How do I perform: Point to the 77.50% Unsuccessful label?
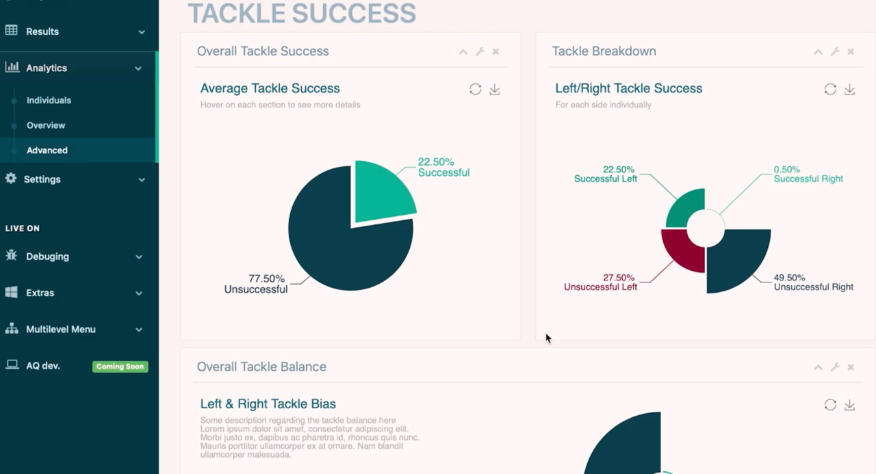pos(256,284)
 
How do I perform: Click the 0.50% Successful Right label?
pos(808,174)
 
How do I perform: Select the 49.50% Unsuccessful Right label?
pos(814,282)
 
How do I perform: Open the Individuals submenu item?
pos(49,101)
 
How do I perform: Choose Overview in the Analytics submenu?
pos(46,125)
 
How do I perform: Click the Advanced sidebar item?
pos(47,150)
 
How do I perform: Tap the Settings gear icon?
pos(11,179)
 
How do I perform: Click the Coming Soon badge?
pos(120,367)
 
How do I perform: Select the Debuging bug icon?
pos(12,255)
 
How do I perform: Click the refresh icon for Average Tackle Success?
pos(475,89)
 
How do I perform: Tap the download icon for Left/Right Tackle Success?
pos(849,90)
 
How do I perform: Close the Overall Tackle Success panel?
pos(495,51)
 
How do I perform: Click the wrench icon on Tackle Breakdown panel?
pos(835,51)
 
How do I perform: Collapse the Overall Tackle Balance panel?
pos(818,367)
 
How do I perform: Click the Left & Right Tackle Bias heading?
pos(268,404)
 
